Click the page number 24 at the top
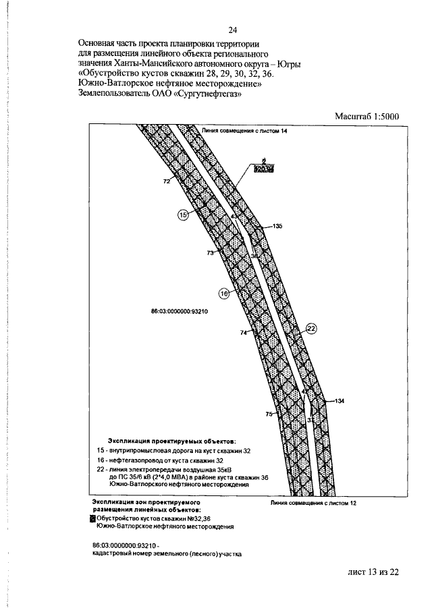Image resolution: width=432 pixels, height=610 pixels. (232, 30)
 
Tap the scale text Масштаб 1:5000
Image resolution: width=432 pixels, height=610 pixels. (368, 116)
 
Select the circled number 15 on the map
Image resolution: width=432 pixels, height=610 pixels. (183, 214)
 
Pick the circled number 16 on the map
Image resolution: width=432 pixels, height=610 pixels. (224, 293)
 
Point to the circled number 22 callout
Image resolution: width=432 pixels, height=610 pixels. (311, 328)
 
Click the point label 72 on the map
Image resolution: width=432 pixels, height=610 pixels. (166, 181)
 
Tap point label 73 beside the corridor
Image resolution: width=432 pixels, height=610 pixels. (210, 253)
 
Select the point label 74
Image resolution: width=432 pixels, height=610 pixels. (244, 333)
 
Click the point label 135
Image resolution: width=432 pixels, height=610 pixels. (277, 227)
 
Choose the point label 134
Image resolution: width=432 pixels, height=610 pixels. (339, 401)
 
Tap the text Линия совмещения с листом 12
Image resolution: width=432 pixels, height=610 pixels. (313, 503)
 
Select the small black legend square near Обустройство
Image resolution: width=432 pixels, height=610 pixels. (93, 518)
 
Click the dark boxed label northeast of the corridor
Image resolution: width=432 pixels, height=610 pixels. (264, 169)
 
